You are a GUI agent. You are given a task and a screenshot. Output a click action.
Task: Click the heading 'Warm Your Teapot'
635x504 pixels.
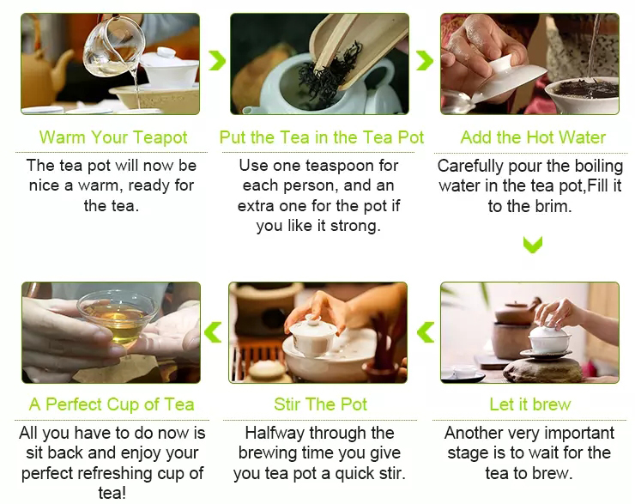pyautogui.click(x=113, y=137)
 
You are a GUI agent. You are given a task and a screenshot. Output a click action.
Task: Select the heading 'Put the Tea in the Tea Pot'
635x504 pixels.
pyautogui.click(x=322, y=137)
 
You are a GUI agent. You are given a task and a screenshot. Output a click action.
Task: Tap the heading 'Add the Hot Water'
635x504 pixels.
pyautogui.click(x=533, y=137)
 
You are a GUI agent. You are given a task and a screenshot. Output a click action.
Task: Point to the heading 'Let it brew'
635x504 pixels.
pyautogui.click(x=530, y=404)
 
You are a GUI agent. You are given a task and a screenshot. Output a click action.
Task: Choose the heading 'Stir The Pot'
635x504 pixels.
pyautogui.click(x=320, y=404)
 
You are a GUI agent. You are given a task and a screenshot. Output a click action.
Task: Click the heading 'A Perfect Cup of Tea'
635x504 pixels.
pyautogui.click(x=112, y=404)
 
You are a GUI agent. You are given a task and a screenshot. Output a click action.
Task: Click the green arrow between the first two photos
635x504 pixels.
pyautogui.click(x=217, y=61)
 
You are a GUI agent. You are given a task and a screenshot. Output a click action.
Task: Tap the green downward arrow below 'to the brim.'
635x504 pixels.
pyautogui.click(x=533, y=245)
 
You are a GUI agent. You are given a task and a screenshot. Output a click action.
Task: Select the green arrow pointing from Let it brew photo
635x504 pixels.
pyautogui.click(x=426, y=332)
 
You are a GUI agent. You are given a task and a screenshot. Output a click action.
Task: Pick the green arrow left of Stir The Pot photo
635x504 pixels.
pyautogui.click(x=213, y=332)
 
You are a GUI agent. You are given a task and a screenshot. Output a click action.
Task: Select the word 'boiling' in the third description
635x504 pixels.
pyautogui.click(x=599, y=166)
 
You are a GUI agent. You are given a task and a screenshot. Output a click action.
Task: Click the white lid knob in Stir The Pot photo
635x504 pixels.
pyautogui.click(x=312, y=320)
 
